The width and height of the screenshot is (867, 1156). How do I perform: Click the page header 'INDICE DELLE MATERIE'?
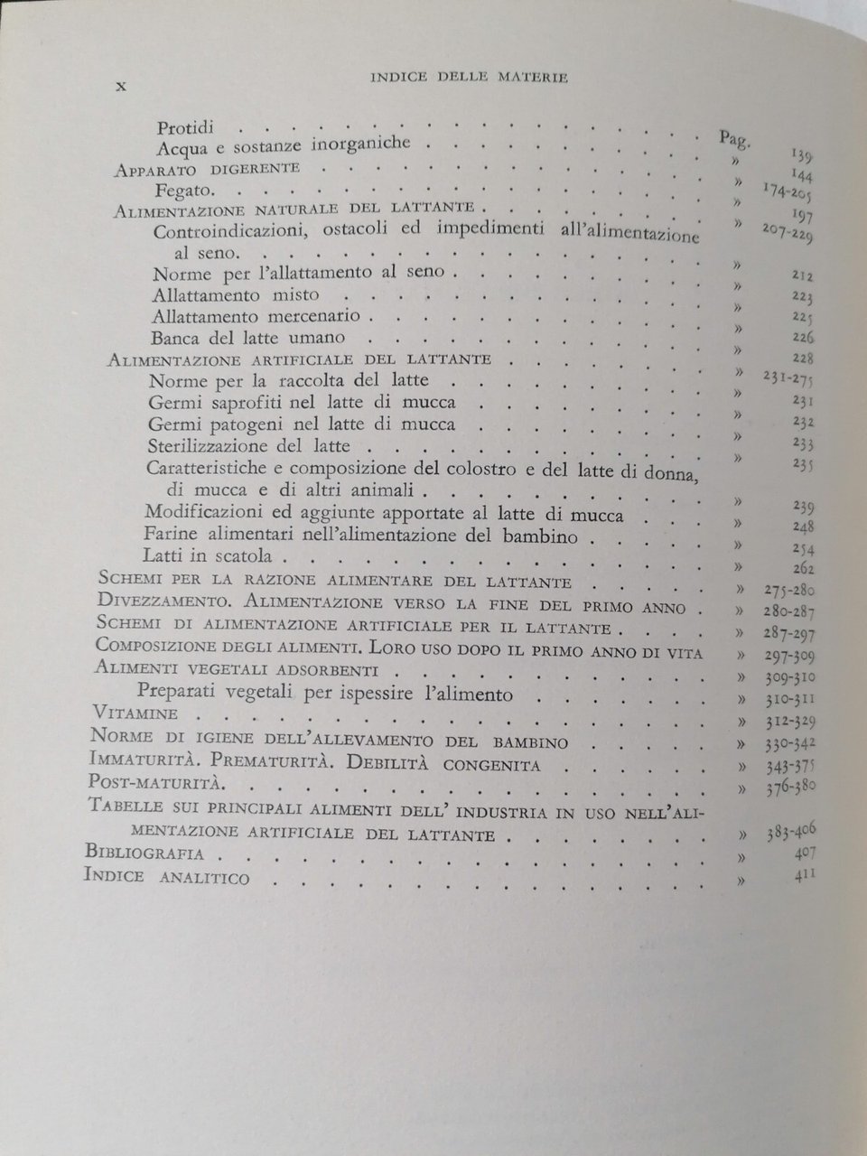[469, 79]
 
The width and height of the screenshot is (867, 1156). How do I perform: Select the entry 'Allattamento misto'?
[235, 294]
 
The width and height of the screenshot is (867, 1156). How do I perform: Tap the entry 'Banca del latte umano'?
[248, 338]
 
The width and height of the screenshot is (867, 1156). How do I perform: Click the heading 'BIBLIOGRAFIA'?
[143, 853]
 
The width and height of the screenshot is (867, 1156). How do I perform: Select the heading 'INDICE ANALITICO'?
[166, 876]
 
